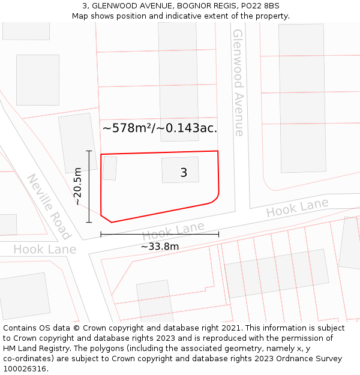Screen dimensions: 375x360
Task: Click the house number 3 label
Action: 184,173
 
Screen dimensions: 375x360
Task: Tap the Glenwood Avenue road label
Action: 238,82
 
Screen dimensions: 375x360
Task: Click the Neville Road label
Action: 49,206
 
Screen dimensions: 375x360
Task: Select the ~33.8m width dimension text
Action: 160,246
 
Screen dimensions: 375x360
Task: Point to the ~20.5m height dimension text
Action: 77,187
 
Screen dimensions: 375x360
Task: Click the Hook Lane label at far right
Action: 297,208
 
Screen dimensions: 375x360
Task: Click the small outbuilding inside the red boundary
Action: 109,169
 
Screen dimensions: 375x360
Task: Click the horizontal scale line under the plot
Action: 160,233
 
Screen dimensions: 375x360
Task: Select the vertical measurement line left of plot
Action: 89,187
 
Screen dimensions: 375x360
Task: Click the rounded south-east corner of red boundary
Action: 215,199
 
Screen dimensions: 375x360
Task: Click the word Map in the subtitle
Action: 80,16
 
